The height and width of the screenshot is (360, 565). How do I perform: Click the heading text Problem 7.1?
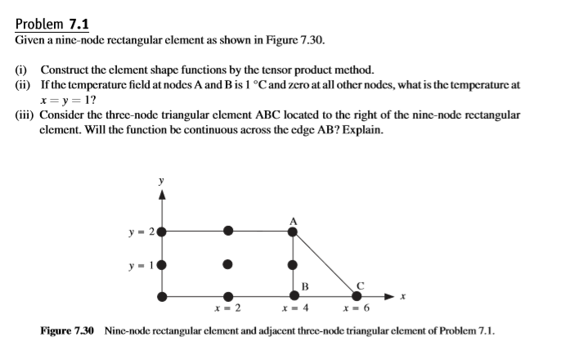[x=52, y=24]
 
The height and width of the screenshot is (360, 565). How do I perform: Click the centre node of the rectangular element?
[x=228, y=264]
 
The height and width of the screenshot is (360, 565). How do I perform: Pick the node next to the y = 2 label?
[x=162, y=232]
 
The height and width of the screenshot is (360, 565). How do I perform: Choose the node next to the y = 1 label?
[x=162, y=264]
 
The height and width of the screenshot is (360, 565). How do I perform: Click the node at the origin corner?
[x=162, y=295]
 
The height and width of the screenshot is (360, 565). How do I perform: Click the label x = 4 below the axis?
[x=294, y=308]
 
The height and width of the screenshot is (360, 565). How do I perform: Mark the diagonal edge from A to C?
[x=325, y=263]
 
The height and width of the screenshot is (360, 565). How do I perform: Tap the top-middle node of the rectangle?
[x=228, y=232]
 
